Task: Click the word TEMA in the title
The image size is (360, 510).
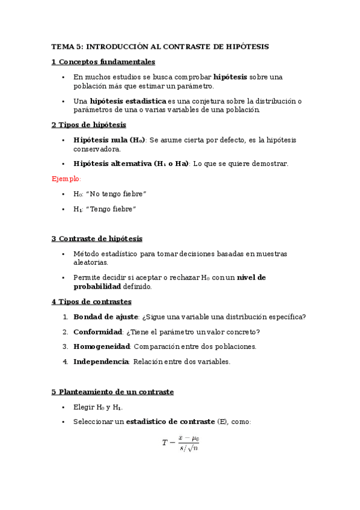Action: (61, 46)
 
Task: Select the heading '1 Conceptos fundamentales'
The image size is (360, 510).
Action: (103, 61)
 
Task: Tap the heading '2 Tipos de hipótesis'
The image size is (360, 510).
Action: (88, 124)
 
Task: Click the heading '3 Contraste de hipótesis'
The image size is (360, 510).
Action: (97, 239)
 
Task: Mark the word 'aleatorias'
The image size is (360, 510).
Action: (90, 263)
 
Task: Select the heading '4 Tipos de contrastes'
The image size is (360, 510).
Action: (91, 301)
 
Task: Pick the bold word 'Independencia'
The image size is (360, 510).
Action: (101, 361)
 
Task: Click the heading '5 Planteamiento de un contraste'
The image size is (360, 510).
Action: (112, 392)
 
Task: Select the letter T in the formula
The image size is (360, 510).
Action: (165, 443)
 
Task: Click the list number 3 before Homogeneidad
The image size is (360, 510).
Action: (65, 346)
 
